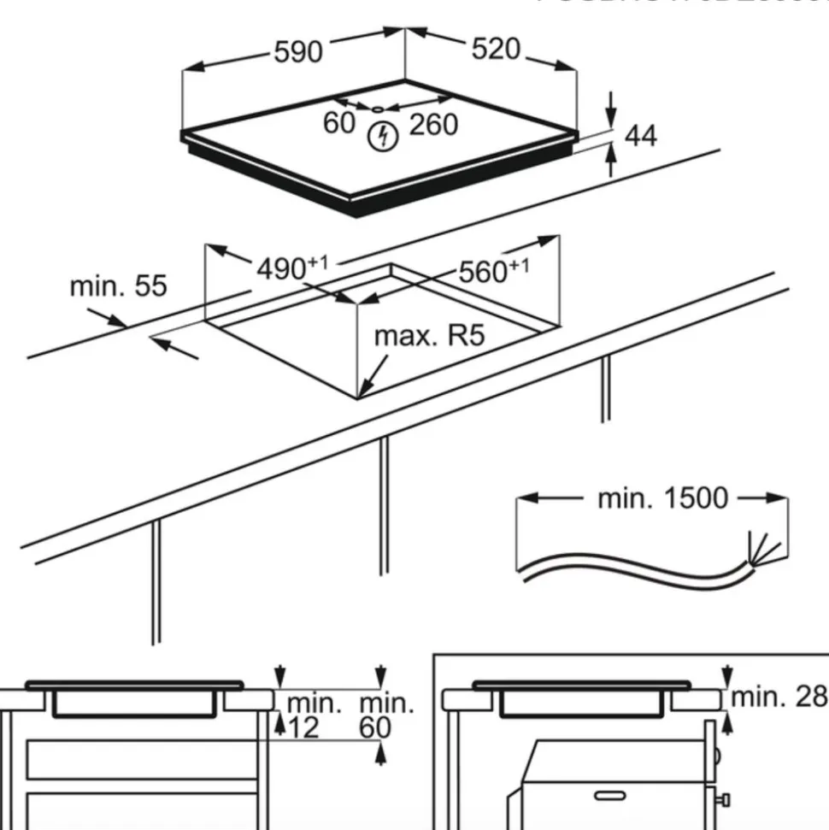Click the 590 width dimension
point(298,52)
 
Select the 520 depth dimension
point(496,50)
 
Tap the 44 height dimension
point(641,135)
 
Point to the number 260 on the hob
point(433,125)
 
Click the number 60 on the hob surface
point(339,123)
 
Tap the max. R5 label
point(429,335)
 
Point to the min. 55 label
point(118,286)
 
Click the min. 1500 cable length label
point(662,497)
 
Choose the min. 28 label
point(779,697)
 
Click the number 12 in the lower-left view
point(303,727)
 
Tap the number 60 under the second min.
point(376,727)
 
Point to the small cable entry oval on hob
point(377,109)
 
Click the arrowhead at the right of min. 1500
point(779,497)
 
